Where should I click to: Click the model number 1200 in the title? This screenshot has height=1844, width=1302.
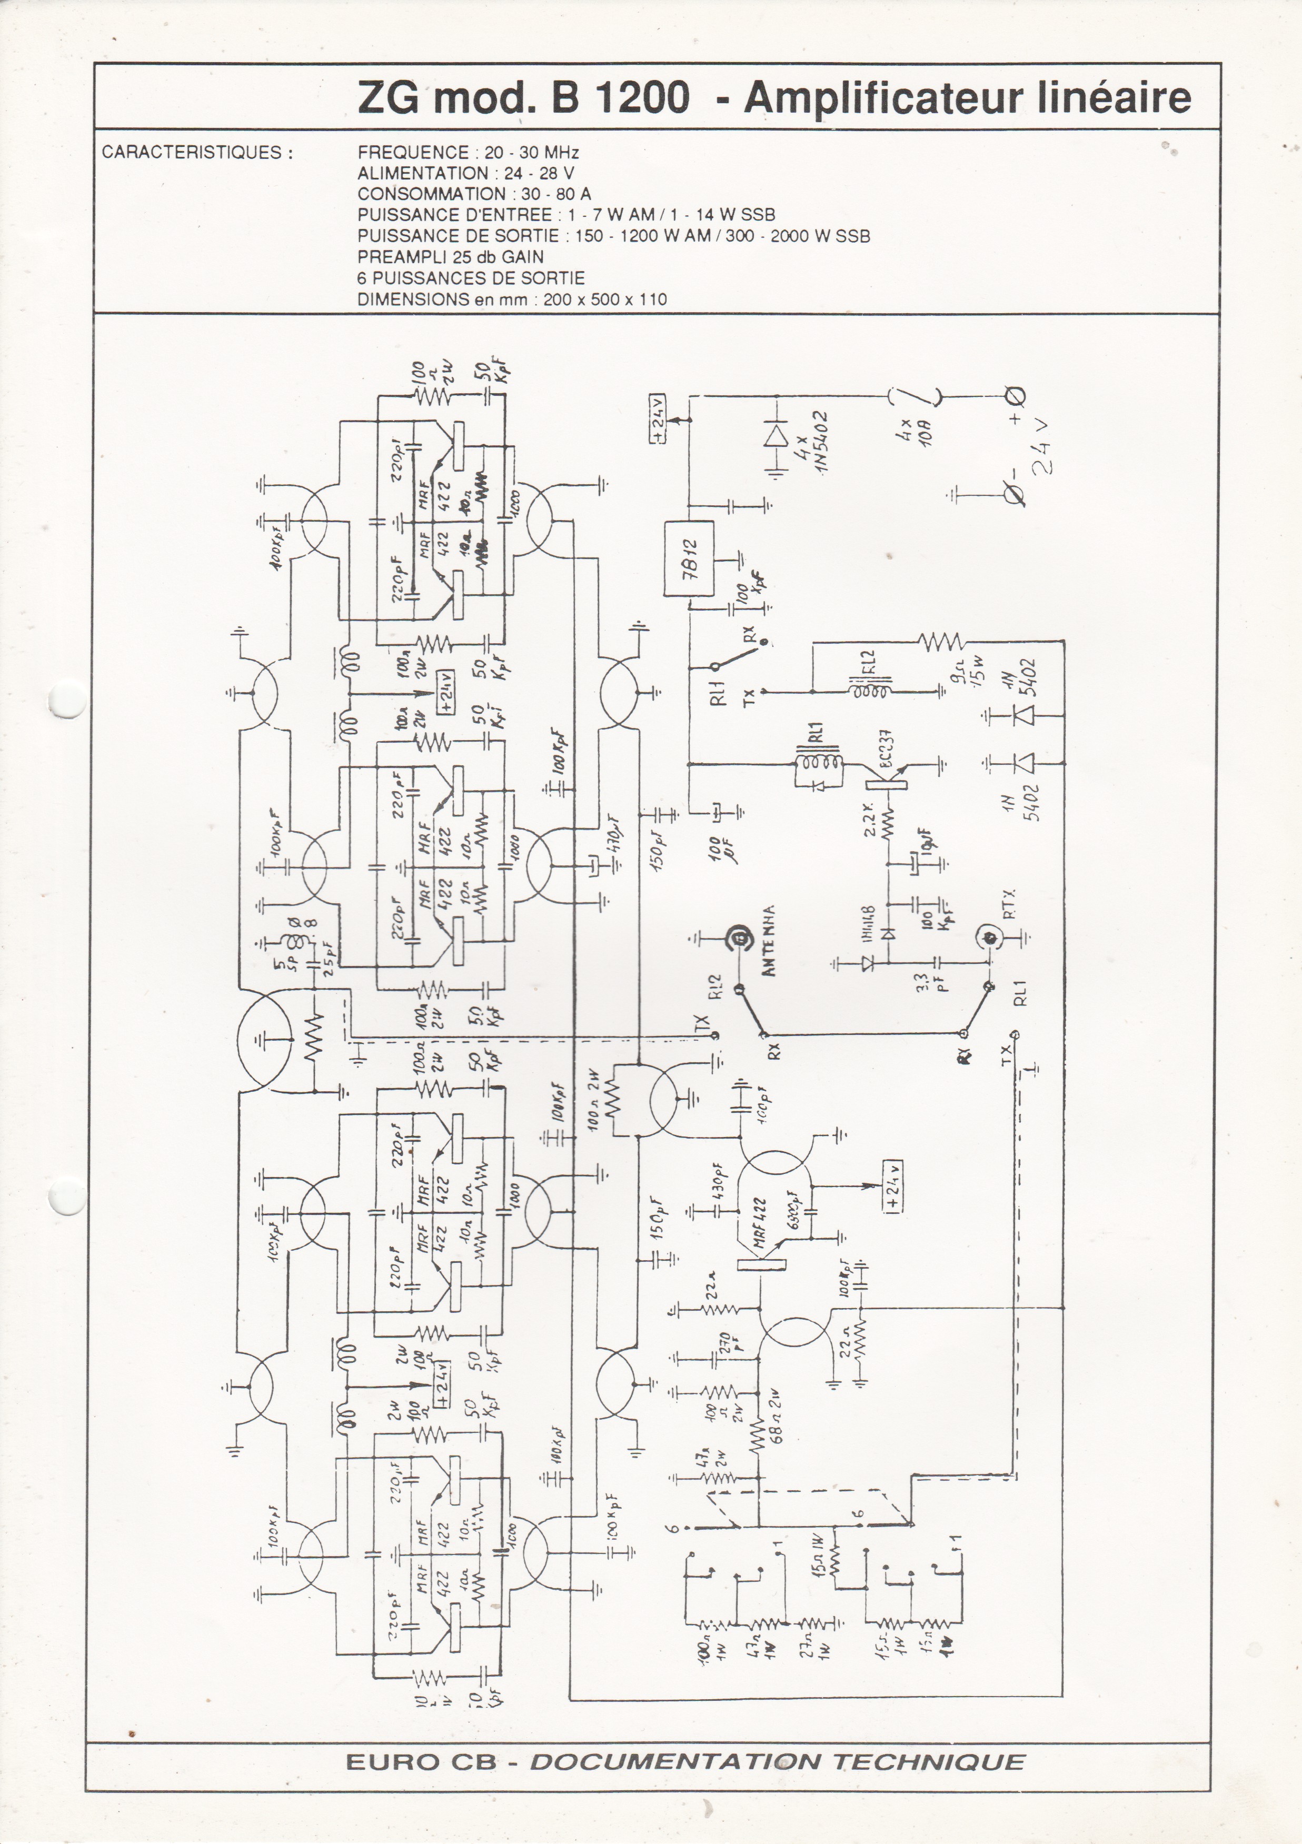(x=642, y=98)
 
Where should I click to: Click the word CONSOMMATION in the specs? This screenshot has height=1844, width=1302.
(x=431, y=194)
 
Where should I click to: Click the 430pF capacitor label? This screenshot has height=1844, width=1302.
(x=717, y=1180)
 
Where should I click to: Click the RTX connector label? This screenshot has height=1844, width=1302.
(x=1009, y=903)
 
